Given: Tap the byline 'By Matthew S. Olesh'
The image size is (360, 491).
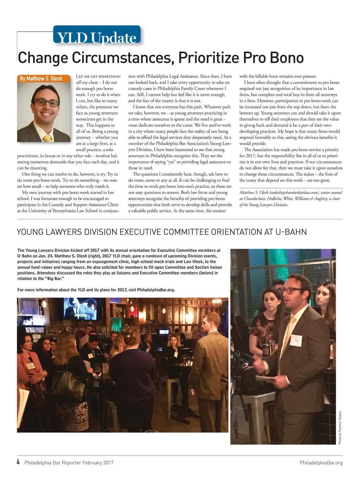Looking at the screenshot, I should point(41,78).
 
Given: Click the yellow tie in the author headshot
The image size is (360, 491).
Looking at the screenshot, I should point(47,137).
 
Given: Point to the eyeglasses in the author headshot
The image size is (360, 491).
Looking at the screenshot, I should point(46,103).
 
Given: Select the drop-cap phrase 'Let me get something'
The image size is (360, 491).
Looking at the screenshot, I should point(98,76).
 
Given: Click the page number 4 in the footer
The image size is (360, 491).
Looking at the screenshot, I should point(18,462).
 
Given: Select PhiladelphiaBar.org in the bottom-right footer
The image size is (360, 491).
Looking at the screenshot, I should point(321,463).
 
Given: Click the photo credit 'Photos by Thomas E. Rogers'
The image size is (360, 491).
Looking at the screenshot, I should point(340,427).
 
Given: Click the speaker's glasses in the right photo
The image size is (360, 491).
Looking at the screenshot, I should point(292,290).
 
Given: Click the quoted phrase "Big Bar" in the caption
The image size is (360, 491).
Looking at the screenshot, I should point(54,279).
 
